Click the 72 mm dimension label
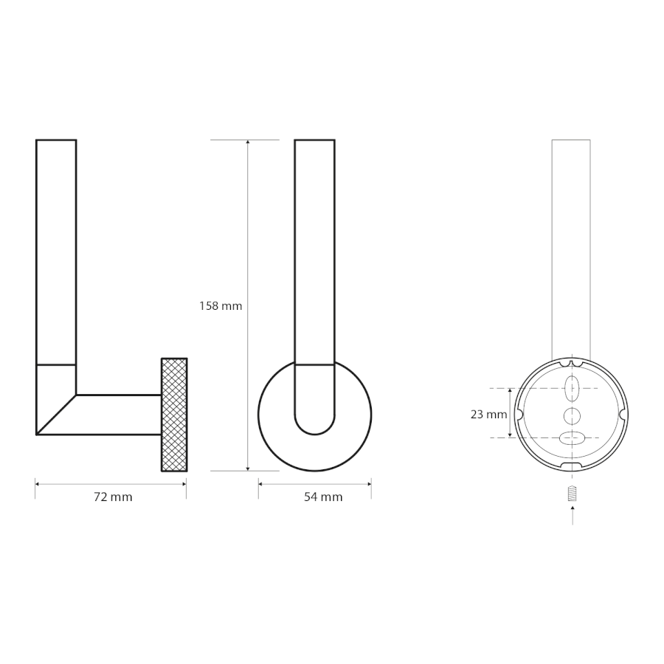tap(113, 497)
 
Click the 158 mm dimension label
tap(221, 305)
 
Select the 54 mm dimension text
tap(323, 497)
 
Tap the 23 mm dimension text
tap(488, 414)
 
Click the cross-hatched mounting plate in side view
tap(174, 415)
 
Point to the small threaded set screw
tap(573, 494)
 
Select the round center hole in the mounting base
tap(572, 416)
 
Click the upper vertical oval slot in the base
tap(572, 388)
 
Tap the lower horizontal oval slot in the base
tap(572, 438)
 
